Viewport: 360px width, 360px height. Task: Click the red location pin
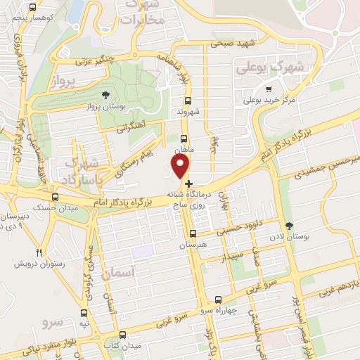pyautogui.click(x=181, y=167)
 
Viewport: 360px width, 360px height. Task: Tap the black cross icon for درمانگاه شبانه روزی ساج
pyautogui.click(x=189, y=184)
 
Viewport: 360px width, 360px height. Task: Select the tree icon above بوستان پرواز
pyautogui.click(x=106, y=94)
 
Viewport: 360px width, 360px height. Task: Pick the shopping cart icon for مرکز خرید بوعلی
pyautogui.click(x=269, y=89)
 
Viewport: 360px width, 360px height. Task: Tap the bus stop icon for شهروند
pyautogui.click(x=184, y=101)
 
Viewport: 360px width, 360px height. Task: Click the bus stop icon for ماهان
pyautogui.click(x=184, y=139)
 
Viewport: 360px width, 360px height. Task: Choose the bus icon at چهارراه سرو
pyautogui.click(x=217, y=299)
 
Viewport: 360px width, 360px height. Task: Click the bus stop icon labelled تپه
pyautogui.click(x=84, y=313)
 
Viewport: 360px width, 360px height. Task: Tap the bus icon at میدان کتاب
pyautogui.click(x=123, y=335)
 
